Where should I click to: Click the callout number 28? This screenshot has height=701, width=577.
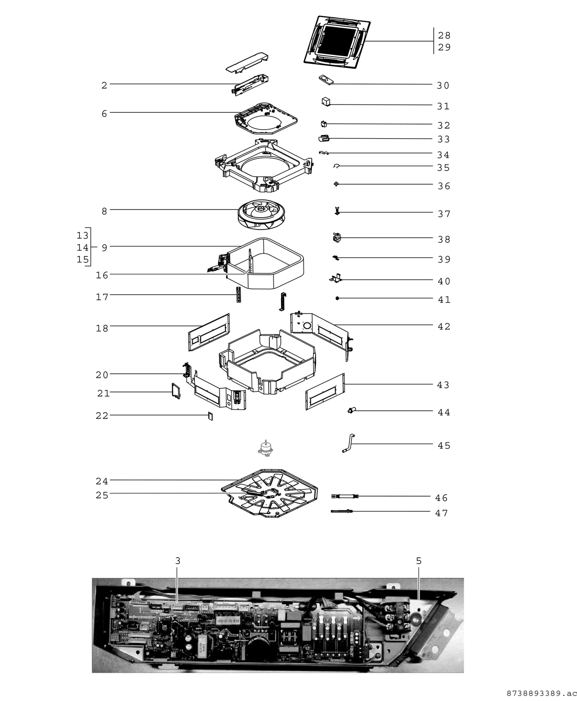[444, 36]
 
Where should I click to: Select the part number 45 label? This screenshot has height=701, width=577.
[444, 445]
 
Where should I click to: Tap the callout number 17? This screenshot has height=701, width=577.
[102, 297]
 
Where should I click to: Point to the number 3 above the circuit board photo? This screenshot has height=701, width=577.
[178, 561]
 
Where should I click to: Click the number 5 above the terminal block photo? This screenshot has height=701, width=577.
[419, 561]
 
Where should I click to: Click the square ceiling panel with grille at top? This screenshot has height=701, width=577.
[337, 40]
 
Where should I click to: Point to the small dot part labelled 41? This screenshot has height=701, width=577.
[337, 298]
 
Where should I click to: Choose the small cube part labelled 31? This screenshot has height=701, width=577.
[325, 102]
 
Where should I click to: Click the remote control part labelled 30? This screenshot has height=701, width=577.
[326, 79]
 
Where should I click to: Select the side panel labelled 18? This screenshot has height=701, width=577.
[209, 332]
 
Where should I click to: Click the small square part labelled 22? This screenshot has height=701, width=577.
[210, 416]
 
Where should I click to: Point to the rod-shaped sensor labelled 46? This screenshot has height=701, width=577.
[345, 496]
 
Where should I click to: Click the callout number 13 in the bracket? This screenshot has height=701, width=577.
[82, 235]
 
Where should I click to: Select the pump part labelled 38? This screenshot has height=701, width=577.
[337, 237]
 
